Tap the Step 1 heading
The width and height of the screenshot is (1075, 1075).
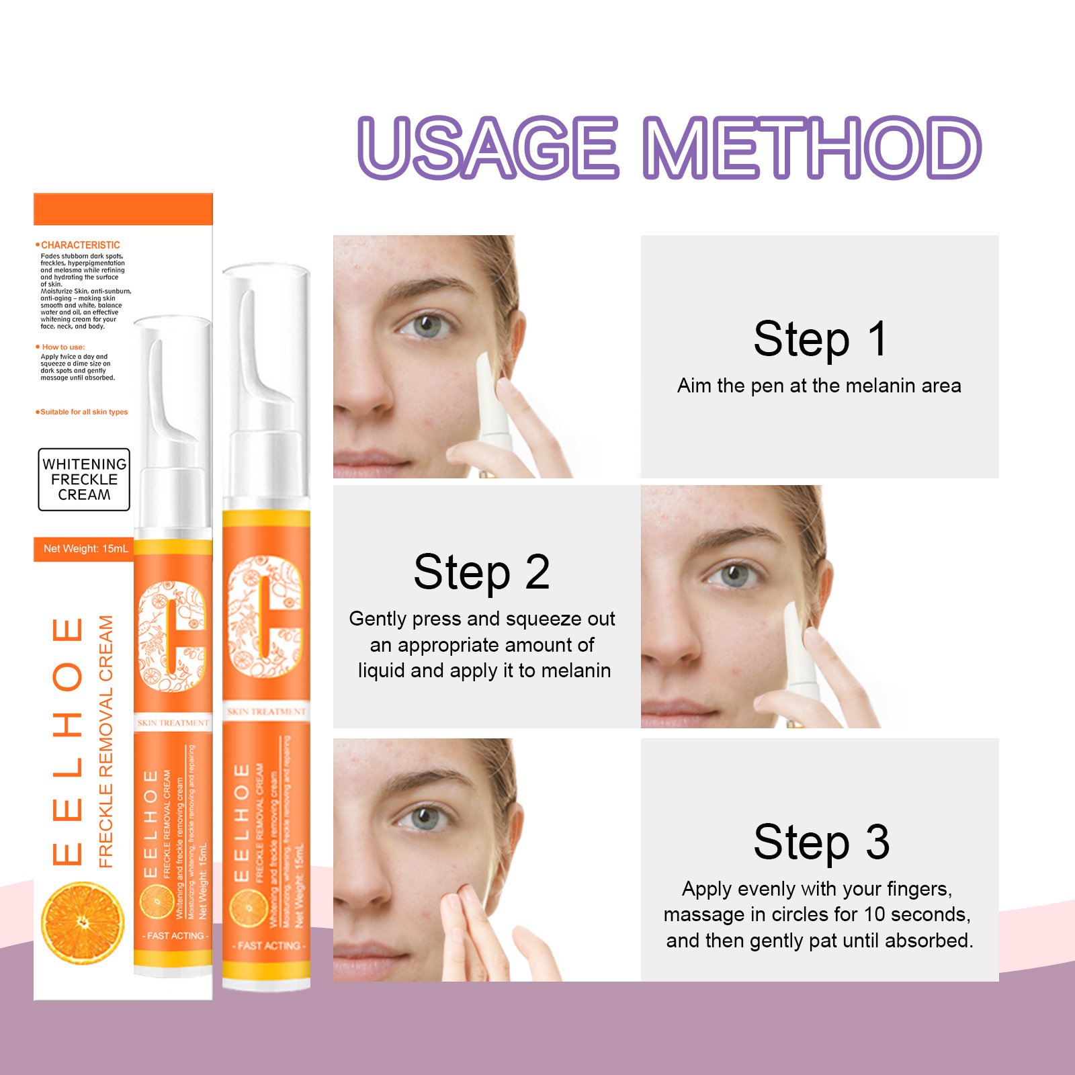tap(820, 339)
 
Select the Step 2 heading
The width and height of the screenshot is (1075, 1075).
tap(482, 572)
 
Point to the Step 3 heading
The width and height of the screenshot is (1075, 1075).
tap(821, 842)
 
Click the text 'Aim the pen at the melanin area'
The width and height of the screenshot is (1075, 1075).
tap(819, 386)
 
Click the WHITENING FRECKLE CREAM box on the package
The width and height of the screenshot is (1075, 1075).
tap(84, 480)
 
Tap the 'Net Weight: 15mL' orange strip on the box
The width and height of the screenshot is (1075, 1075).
tap(85, 549)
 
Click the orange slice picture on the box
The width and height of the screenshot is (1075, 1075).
tap(83, 921)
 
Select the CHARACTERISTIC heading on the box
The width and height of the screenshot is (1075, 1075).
tap(80, 245)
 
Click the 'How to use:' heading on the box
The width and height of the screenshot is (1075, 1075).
tap(62, 347)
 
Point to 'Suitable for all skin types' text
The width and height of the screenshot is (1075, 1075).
tap(83, 412)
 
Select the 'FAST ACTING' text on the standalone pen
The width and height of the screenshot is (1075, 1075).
tap(268, 945)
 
